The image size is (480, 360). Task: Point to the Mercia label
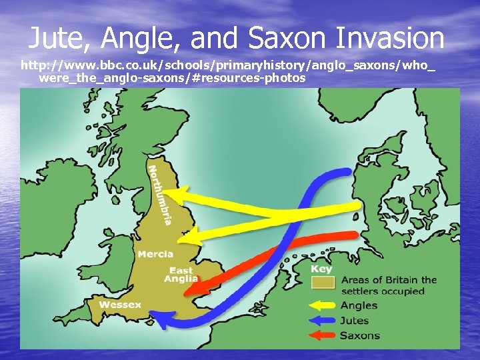click(x=155, y=254)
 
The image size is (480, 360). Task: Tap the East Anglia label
click(x=182, y=275)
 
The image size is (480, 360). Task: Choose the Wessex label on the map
click(x=120, y=305)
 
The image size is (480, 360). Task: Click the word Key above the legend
click(x=321, y=269)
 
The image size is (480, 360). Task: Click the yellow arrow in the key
click(x=323, y=306)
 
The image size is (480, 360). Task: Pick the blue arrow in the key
click(x=323, y=321)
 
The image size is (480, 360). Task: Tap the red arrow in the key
click(x=323, y=335)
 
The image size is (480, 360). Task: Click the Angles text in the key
click(x=359, y=306)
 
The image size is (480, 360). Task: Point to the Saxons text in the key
click(x=360, y=335)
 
